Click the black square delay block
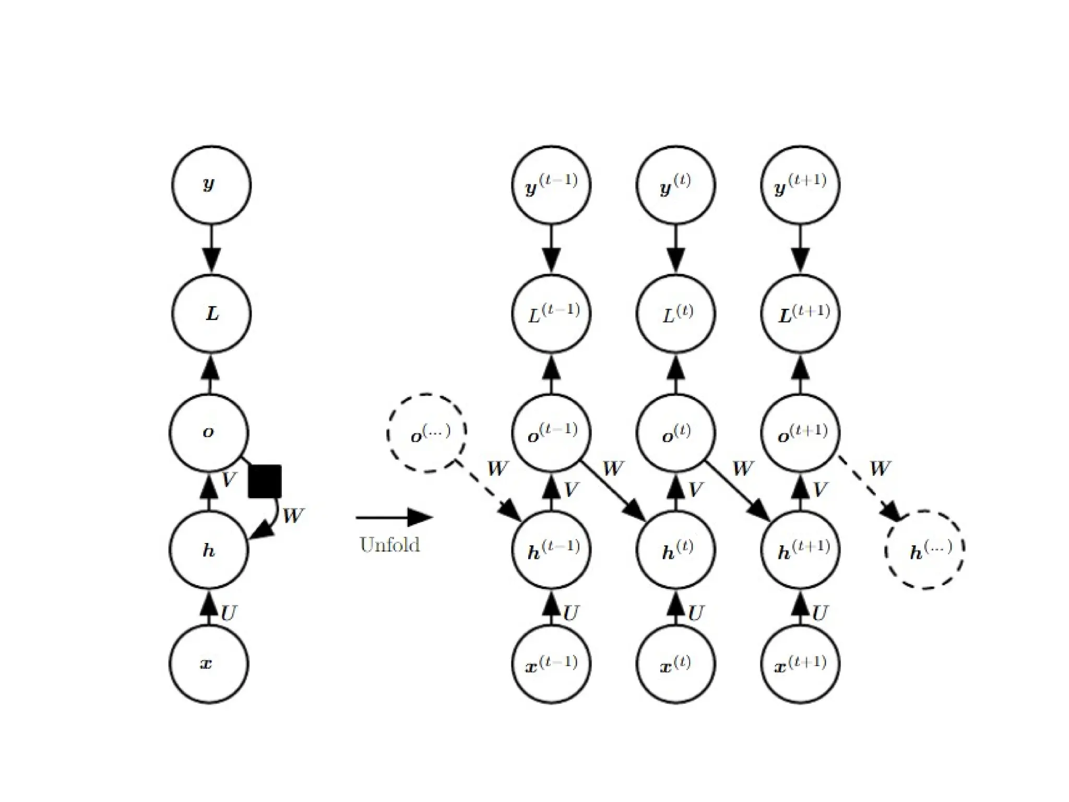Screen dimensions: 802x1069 point(265,481)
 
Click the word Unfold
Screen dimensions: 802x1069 point(389,545)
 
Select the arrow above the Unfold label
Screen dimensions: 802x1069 point(394,517)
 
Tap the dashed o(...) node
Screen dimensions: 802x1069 point(426,433)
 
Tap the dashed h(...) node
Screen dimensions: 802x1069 point(924,550)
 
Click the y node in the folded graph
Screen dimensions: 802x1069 point(211,185)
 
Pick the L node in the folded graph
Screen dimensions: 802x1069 point(211,313)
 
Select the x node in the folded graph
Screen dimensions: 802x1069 point(209,664)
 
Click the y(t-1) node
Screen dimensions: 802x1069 point(551,185)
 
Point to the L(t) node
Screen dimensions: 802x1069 point(676,314)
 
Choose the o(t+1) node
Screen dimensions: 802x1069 point(801,433)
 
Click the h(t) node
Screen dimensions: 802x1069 point(676,550)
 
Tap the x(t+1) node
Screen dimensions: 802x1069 point(801,664)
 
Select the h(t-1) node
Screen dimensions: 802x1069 point(551,550)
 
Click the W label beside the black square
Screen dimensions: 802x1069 point(293,516)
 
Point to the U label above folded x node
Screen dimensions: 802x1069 point(229,613)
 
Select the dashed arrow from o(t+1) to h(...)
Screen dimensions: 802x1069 point(869,490)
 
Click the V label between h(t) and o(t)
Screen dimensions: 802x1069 point(695,490)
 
